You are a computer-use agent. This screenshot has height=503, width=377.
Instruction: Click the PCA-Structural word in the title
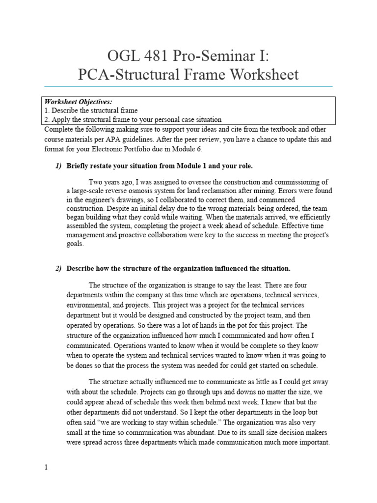pyautogui.click(x=131, y=75)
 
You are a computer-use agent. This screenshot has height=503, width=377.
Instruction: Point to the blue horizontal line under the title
pyautogui.click(x=188, y=86)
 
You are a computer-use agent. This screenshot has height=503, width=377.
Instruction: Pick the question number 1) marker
pyautogui.click(x=58, y=166)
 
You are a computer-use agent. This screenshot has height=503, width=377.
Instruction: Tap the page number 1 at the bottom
pyautogui.click(x=46, y=468)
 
